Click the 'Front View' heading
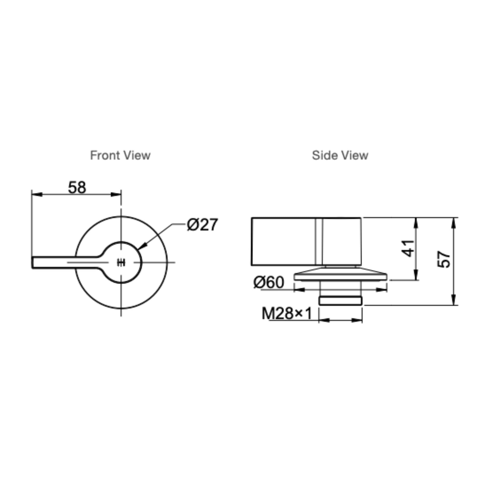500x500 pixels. (120, 156)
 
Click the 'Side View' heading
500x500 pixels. (340, 156)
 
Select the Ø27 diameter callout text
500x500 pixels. (202, 225)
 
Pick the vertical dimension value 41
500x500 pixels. (408, 249)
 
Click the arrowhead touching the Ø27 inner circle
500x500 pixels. (143, 246)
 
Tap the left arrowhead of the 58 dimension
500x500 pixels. (37, 194)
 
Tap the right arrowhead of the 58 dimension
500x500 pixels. (116, 194)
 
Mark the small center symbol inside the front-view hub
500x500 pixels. (121, 262)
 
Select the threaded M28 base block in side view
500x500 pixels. (340, 301)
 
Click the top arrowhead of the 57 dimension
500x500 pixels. (453, 223)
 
